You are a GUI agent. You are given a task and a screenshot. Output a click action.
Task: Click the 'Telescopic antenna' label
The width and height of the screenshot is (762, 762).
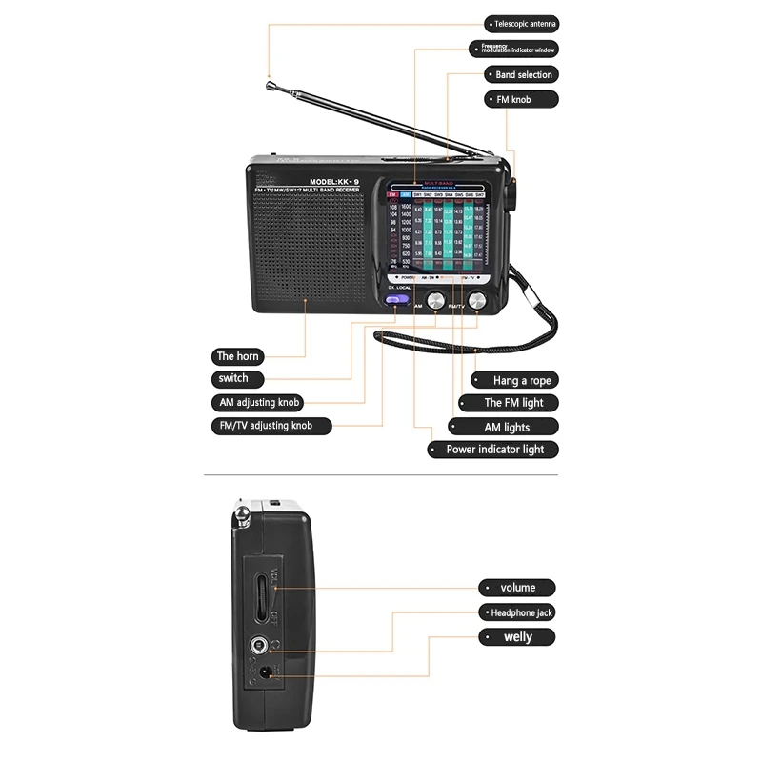coord(521,24)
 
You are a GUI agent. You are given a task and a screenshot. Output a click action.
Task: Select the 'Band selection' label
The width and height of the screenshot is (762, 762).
coord(521,74)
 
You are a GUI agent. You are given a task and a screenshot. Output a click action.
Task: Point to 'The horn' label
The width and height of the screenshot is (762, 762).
coord(237,356)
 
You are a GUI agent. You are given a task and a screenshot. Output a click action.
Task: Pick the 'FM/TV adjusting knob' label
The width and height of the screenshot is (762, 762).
coord(271,426)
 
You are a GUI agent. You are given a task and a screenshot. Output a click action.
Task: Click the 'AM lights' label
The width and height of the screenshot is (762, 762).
coord(504,428)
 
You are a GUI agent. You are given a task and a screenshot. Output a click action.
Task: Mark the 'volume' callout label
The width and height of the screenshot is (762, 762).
coord(516,588)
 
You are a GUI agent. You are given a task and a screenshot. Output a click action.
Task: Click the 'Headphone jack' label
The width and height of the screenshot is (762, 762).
coord(516,612)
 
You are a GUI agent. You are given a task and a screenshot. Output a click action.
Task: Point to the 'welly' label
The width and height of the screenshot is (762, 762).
coord(516,636)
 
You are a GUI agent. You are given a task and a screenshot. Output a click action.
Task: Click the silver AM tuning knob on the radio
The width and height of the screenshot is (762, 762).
coord(436,301)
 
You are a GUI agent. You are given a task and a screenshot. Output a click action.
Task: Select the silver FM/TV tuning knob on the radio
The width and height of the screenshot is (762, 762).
coord(476,301)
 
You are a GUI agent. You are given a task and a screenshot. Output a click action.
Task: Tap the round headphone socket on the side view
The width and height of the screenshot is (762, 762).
coord(255,648)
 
